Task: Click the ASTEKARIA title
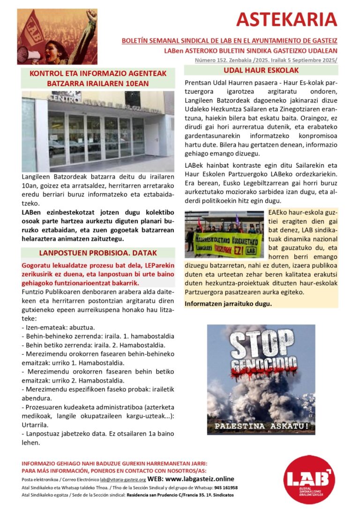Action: (x=286, y=20)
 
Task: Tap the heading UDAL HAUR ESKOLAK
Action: (x=261, y=70)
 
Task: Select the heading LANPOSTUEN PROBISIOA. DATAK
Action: (x=98, y=253)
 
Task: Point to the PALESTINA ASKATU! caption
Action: (x=262, y=426)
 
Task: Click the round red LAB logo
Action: (x=309, y=479)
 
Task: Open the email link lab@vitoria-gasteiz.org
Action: (x=123, y=479)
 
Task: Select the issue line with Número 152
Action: (x=266, y=60)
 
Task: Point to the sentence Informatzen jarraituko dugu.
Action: (x=228, y=303)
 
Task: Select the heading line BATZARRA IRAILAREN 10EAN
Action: (x=98, y=83)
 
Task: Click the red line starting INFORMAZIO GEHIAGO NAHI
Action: (x=114, y=464)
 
